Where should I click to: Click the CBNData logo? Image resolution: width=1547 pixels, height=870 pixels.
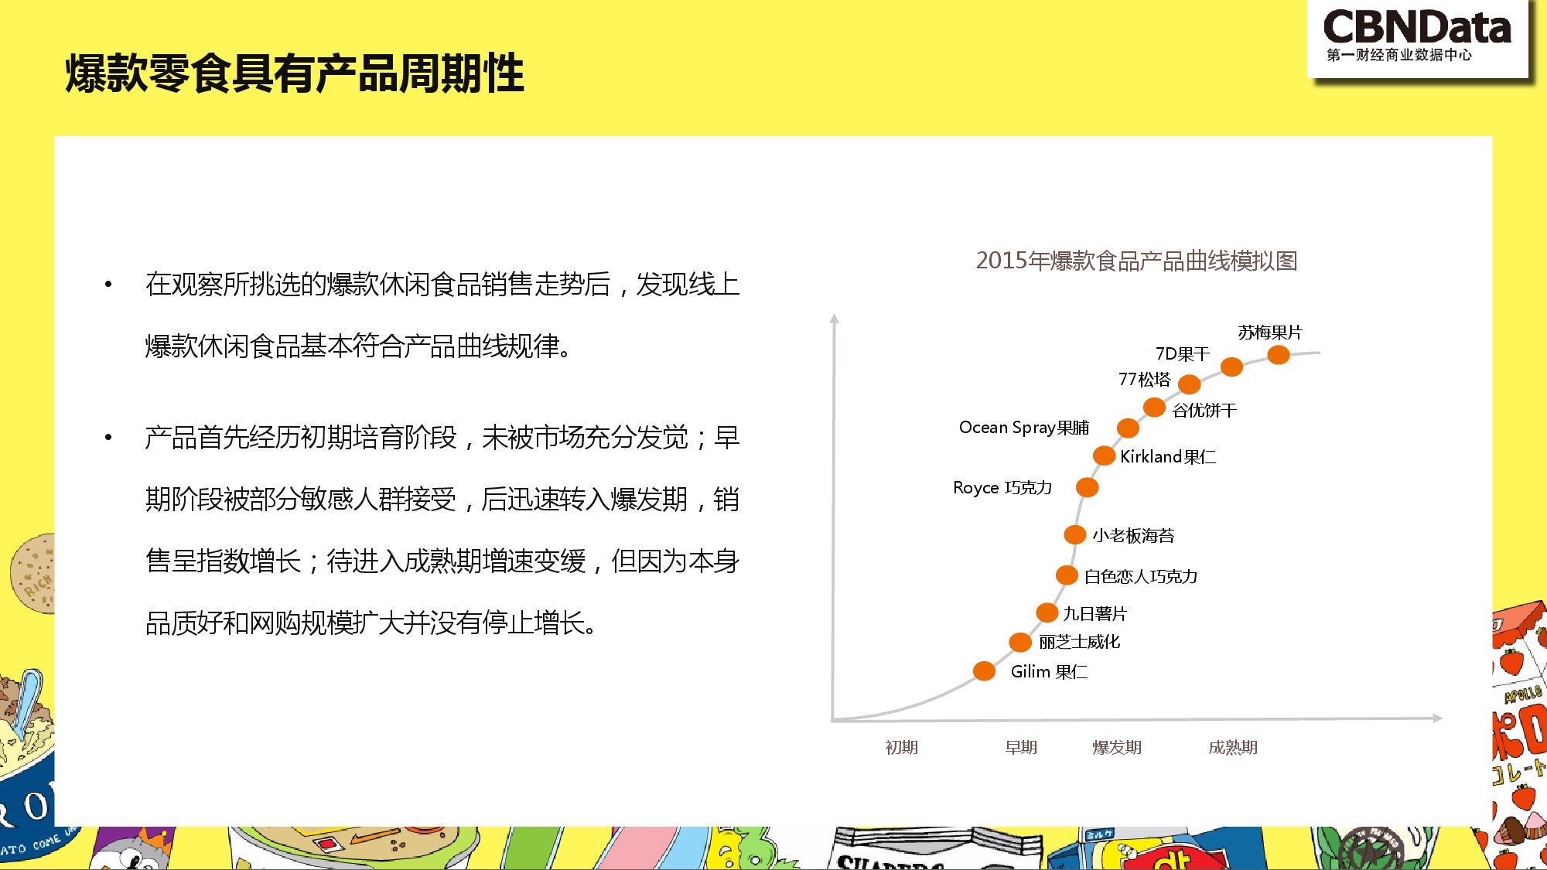[1417, 36]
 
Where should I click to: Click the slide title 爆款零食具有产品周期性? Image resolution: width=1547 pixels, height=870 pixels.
[295, 73]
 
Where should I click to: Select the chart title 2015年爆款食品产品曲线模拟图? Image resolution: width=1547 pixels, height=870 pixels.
[1136, 261]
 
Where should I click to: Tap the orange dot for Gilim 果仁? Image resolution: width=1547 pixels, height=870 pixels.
[984, 670]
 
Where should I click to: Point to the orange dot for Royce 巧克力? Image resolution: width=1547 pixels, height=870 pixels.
[1087, 487]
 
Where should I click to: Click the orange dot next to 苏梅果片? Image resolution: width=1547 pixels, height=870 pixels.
[1279, 355]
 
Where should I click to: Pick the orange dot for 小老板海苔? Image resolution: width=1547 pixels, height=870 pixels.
[1074, 534]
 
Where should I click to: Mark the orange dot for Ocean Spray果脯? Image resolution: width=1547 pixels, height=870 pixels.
[1128, 428]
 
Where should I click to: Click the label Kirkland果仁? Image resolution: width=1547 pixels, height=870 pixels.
[1168, 457]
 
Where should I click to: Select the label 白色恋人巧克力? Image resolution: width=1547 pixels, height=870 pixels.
[1141, 576]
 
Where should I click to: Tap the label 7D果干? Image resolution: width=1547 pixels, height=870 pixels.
[1182, 353]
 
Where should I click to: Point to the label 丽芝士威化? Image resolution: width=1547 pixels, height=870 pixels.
[1079, 641]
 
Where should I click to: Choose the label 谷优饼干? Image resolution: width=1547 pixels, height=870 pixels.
[1204, 410]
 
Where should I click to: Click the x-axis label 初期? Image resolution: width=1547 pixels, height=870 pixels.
[901, 747]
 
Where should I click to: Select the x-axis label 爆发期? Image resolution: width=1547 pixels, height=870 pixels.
[1116, 747]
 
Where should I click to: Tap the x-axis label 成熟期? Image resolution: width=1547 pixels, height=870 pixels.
[1233, 747]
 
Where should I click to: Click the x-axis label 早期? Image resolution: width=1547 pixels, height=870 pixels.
[1021, 747]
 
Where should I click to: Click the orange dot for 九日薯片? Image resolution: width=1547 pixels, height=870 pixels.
[1047, 612]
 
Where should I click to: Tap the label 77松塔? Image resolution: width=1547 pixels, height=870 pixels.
[1144, 379]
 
